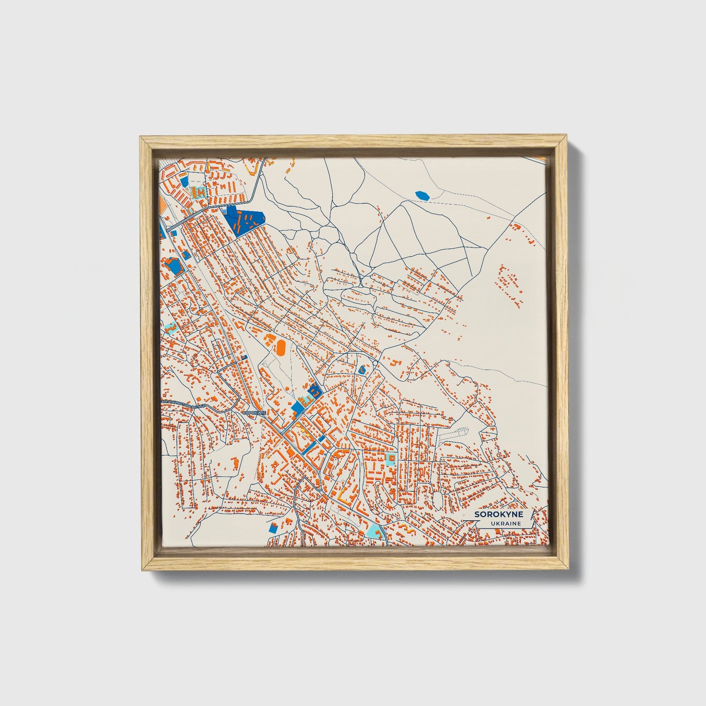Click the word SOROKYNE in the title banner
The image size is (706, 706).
click(498, 514)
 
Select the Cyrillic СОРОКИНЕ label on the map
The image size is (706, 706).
click(254, 413)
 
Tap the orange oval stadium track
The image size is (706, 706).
click(280, 347)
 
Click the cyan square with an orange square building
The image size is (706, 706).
click(390, 458)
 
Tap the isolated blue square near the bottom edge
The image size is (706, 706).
click(273, 528)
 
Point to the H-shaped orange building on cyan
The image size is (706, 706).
click(200, 192)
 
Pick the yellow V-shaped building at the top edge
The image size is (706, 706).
click(252, 169)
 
